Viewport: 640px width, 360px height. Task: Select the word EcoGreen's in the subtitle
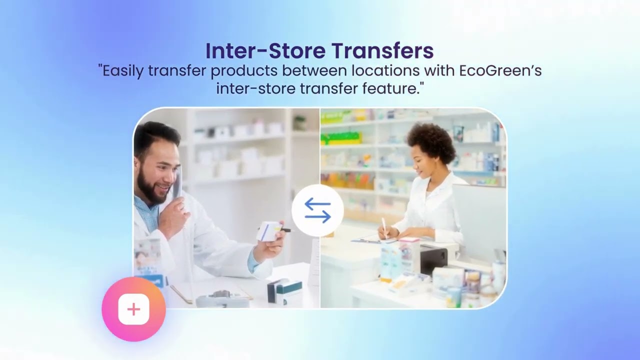(500, 70)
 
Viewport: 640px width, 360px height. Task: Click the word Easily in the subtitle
(123, 70)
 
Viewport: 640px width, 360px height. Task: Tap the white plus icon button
(133, 309)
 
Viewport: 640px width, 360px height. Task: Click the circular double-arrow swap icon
(317, 210)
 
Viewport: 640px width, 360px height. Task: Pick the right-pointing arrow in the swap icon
(318, 216)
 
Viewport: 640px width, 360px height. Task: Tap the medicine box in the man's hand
(269, 231)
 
